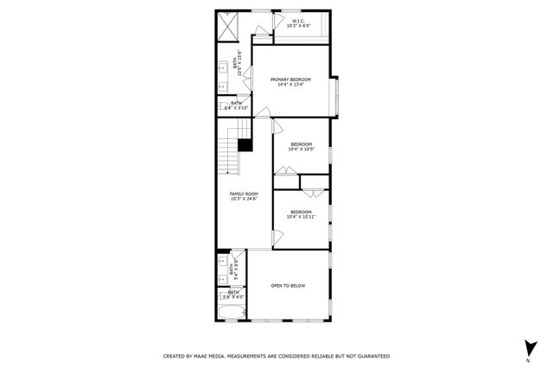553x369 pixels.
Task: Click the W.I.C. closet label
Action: [x=298, y=21]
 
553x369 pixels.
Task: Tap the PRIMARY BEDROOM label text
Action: [x=289, y=80]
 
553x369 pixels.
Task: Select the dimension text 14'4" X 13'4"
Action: [x=289, y=85]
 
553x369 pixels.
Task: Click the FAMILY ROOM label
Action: [x=244, y=194]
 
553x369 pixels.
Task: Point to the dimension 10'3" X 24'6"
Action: [x=244, y=199]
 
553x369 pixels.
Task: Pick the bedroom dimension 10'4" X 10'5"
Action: [x=301, y=150]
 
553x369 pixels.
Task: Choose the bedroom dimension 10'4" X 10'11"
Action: [x=301, y=217]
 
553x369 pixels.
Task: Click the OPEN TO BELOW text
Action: [x=288, y=286]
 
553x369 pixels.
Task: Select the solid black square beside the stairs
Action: [x=245, y=145]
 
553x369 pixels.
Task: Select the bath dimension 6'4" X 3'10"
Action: [x=236, y=108]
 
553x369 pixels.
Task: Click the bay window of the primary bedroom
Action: [x=338, y=97]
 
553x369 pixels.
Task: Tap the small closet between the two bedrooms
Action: [x=315, y=182]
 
